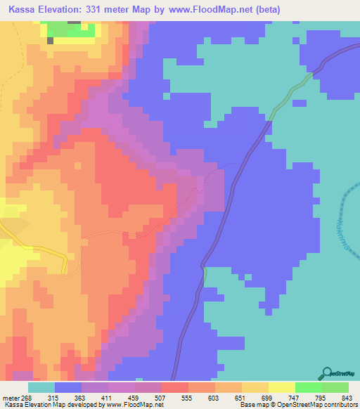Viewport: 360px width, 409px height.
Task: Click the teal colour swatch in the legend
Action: [41, 388]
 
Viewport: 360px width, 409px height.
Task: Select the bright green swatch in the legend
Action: [308, 388]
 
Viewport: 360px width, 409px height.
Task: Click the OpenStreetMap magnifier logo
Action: [326, 372]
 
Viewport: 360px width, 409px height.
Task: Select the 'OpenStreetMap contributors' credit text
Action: [314, 405]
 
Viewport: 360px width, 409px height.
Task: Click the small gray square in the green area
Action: [51, 41]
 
